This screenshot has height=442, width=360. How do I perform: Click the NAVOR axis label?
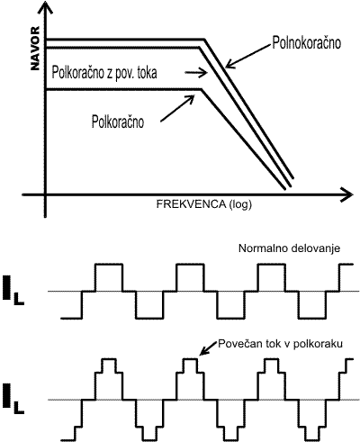pos(35,49)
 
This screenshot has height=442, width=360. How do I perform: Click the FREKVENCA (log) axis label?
pos(204,204)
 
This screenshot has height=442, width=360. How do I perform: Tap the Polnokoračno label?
pos(306,42)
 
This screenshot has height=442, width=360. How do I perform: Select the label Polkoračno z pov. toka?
pos(104,73)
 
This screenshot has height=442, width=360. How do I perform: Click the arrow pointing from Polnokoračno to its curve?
pos(247,57)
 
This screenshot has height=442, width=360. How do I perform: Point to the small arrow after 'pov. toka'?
pos(196,73)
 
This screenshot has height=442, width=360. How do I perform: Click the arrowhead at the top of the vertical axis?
pos(45,8)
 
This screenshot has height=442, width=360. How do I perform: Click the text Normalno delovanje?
pos(289,248)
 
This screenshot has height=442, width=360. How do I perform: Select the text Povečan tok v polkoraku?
pos(280,344)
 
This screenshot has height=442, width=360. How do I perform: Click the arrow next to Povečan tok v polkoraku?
pos(208,348)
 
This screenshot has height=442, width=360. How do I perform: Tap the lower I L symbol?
pos(13,396)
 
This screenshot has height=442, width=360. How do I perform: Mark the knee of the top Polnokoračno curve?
pos(204,40)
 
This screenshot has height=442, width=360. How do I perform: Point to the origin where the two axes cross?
pos(45,194)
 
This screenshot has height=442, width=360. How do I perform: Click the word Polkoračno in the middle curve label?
pos(77,73)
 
